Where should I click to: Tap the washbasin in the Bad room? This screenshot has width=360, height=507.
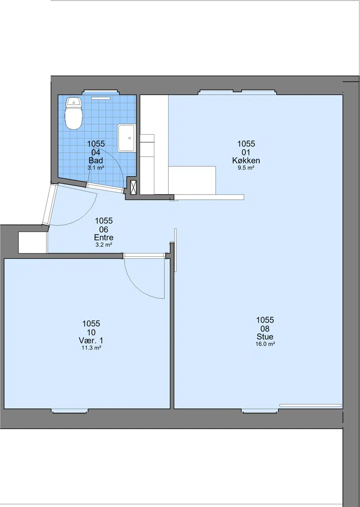pyautogui.click(x=126, y=138)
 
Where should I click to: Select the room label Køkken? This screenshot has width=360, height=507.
pyautogui.click(x=246, y=160)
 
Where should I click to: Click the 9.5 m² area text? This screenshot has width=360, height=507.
pyautogui.click(x=246, y=168)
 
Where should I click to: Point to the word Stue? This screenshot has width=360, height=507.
pyautogui.click(x=265, y=337)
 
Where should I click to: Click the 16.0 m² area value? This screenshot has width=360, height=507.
pyautogui.click(x=265, y=344)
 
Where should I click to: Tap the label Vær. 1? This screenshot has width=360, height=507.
pyautogui.click(x=91, y=340)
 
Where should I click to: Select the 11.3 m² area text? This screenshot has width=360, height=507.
pyautogui.click(x=91, y=348)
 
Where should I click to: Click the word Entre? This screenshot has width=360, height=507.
pyautogui.click(x=104, y=238)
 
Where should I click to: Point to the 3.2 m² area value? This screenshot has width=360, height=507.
pyautogui.click(x=104, y=245)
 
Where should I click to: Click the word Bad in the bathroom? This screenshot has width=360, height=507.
pyautogui.click(x=96, y=160)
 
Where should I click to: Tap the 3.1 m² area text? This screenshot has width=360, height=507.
pyautogui.click(x=96, y=168)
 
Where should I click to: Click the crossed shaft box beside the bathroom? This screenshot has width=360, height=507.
pyautogui.click(x=134, y=187)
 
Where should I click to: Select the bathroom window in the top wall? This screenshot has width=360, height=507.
pyautogui.click(x=100, y=92)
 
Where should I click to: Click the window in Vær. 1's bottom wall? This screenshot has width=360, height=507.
pyautogui.click(x=69, y=411)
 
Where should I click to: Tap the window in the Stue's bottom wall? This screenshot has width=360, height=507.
pyautogui.click(x=260, y=411)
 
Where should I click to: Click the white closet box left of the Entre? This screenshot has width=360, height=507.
pyautogui.click(x=32, y=243)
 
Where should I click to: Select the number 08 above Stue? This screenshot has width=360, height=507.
pyautogui.click(x=265, y=329)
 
